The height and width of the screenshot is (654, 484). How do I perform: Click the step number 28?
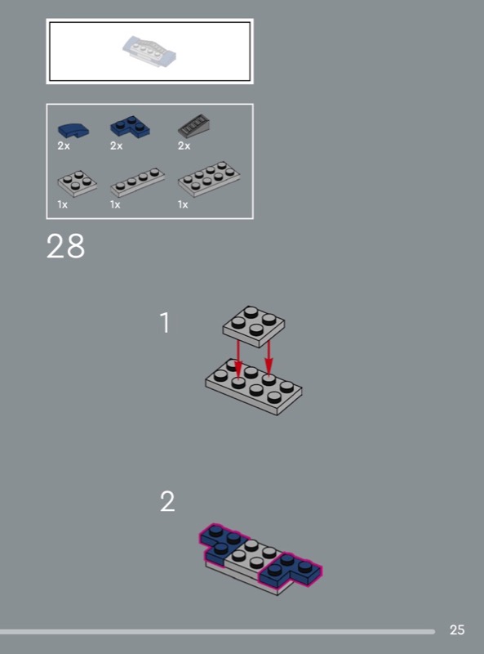[x=65, y=246]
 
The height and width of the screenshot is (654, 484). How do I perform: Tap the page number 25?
[x=457, y=629]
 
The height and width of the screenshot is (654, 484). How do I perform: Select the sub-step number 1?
[x=166, y=323]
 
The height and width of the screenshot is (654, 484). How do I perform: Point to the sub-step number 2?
[x=167, y=501]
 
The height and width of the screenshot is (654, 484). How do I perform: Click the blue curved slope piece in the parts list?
[x=73, y=130]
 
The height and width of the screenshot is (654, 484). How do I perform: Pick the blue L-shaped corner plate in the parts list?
[x=130, y=127]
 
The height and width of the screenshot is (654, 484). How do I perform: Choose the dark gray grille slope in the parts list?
[x=193, y=126]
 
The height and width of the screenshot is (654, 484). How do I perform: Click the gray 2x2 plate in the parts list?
[x=77, y=183]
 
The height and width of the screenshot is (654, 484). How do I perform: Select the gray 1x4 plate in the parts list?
[x=137, y=182]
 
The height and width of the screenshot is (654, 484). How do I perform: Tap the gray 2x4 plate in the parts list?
[x=209, y=178]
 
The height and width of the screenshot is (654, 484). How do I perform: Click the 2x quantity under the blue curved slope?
[x=64, y=146]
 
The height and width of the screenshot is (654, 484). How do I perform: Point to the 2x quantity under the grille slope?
[x=184, y=146]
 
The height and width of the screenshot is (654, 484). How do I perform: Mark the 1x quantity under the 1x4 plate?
[x=115, y=204]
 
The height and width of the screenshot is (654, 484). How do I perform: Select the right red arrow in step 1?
[x=269, y=358]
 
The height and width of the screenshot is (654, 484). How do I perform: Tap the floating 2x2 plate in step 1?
[x=254, y=326]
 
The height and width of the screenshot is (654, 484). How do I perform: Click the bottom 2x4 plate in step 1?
[x=253, y=386]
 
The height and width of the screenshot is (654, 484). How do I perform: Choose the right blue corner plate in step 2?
[x=291, y=570]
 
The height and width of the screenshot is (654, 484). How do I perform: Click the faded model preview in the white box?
[x=149, y=51]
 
